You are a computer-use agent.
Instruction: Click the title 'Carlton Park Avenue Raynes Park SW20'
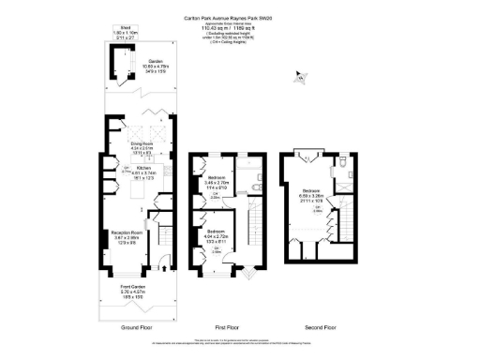click(x=239, y=17)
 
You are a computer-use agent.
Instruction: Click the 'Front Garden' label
click(x=135, y=289)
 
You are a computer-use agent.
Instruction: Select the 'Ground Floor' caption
click(x=136, y=328)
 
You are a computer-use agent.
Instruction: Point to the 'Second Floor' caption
click(x=321, y=328)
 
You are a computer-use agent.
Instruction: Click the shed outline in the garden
click(x=120, y=61)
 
